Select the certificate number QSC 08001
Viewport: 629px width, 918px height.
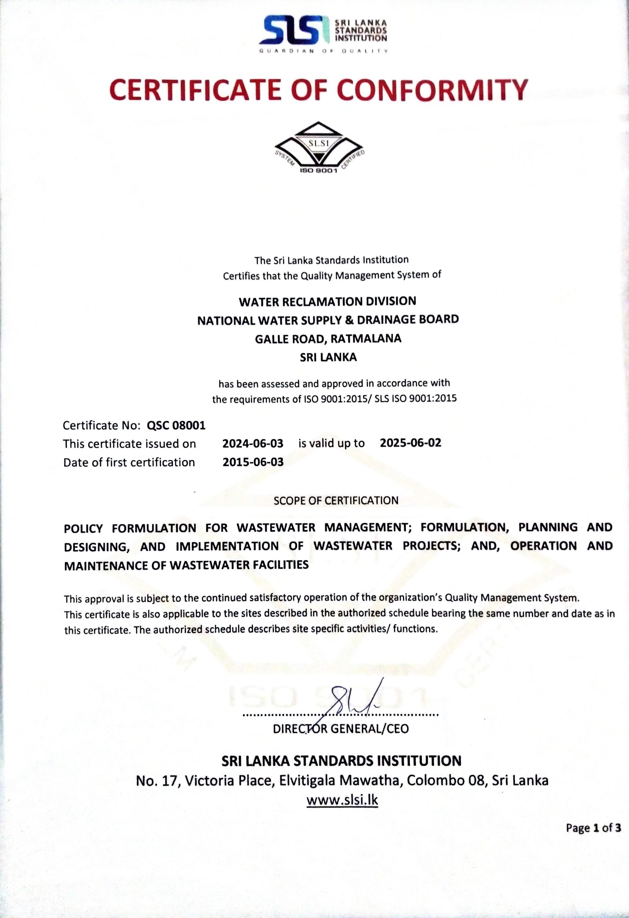[176, 425]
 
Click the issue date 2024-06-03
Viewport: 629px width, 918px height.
[253, 443]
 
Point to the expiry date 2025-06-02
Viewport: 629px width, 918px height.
[411, 443]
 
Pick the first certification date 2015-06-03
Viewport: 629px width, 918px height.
[253, 462]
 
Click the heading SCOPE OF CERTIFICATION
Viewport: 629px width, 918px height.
[336, 501]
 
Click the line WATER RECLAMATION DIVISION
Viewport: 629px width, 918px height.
[327, 301]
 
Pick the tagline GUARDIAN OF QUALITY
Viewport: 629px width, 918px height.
[323, 51]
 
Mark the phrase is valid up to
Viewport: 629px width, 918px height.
[331, 443]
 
